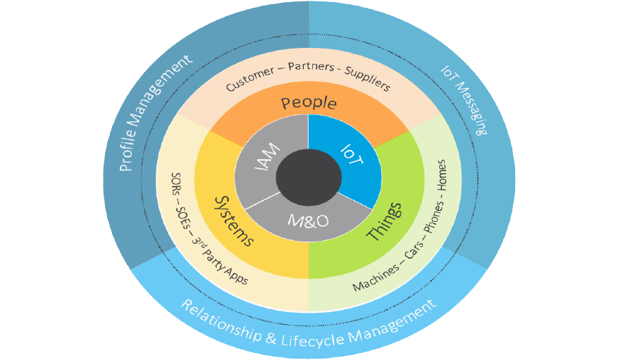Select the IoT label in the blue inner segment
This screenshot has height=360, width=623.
[351, 155]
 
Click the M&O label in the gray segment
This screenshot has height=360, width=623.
[307, 221]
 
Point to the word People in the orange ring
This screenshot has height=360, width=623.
[309, 104]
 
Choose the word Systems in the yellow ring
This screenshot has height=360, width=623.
[233, 220]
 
